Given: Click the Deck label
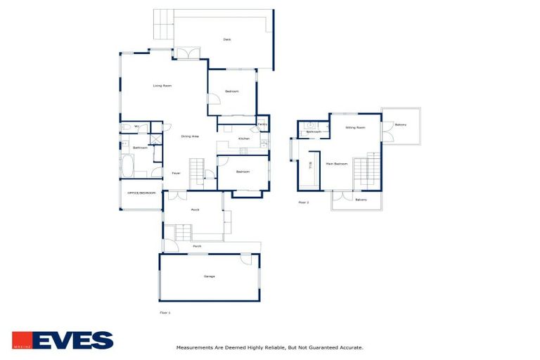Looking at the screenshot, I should click(x=227, y=39).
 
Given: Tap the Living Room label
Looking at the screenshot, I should click(x=163, y=86).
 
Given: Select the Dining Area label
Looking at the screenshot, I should click(x=190, y=136).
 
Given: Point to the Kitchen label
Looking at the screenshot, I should click(x=244, y=139).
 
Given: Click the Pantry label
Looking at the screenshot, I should click(x=262, y=124).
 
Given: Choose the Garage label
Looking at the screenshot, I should click(x=209, y=276).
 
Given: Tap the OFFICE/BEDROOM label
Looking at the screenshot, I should click(x=141, y=193).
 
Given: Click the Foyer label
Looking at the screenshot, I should click(x=176, y=173).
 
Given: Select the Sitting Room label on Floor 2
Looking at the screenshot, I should click(x=355, y=128).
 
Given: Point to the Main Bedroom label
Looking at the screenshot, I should click(x=337, y=164).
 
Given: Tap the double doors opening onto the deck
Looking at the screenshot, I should click(x=187, y=53).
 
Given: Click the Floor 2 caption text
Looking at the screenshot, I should click(x=303, y=202).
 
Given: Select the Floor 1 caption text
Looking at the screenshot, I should click(x=165, y=311).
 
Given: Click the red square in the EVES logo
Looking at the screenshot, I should click(x=21, y=340).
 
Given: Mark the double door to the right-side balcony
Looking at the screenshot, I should click(x=386, y=131).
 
